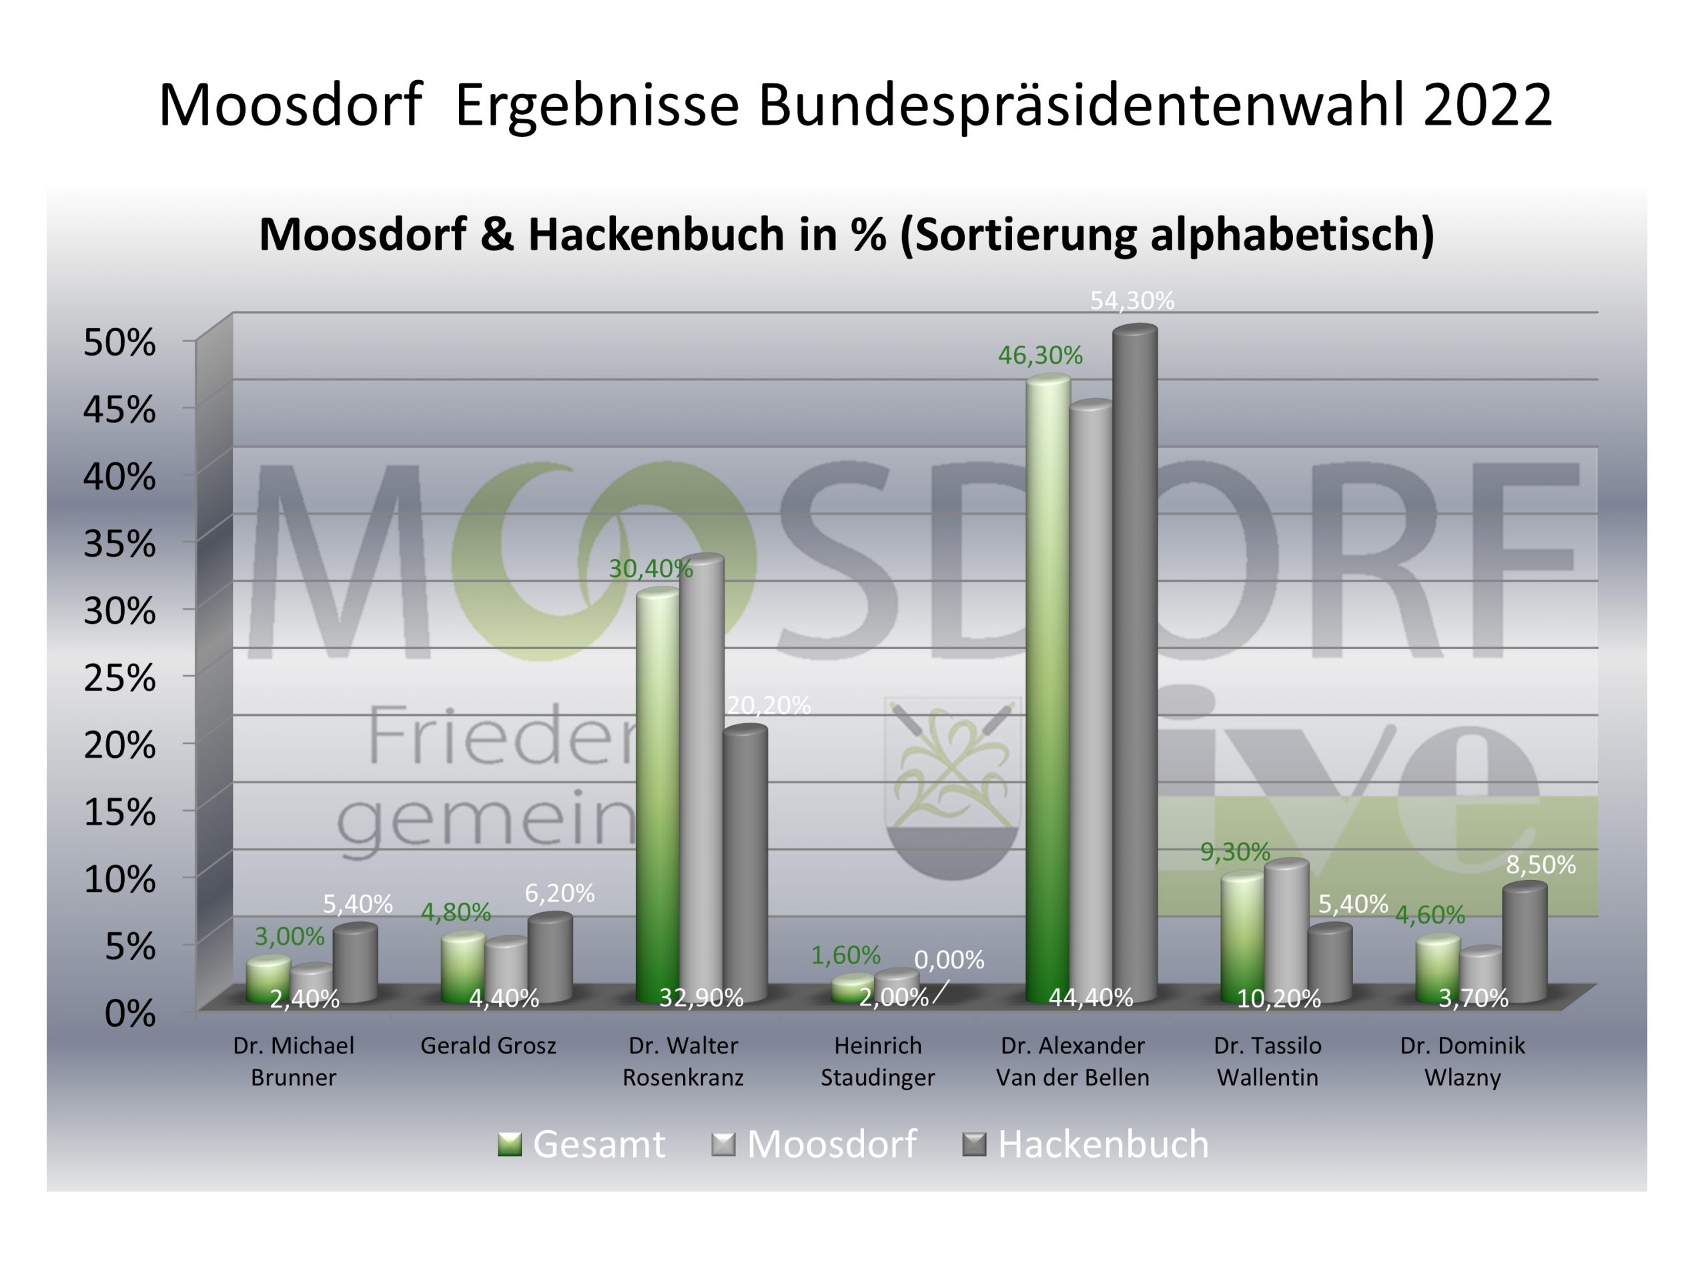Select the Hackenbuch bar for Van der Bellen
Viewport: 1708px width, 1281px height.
pyautogui.click(x=1134, y=664)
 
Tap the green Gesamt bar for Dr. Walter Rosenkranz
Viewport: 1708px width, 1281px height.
pyautogui.click(x=657, y=795)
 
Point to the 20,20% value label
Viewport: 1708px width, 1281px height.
pyautogui.click(x=769, y=705)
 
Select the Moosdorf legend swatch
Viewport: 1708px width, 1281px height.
pyautogui.click(x=723, y=1144)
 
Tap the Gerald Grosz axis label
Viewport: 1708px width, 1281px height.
pyautogui.click(x=488, y=1046)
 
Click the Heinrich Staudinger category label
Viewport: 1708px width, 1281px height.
pyautogui.click(x=877, y=1061)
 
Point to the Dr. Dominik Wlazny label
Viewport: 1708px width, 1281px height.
pyautogui.click(x=1462, y=1061)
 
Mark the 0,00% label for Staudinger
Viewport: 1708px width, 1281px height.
pyautogui.click(x=949, y=960)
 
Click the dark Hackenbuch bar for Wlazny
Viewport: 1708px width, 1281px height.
pyautogui.click(x=1525, y=943)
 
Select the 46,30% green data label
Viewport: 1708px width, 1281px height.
pyautogui.click(x=1040, y=355)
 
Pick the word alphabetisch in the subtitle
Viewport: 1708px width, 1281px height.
pyautogui.click(x=1292, y=234)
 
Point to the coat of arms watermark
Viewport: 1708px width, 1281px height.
pyautogui.click(x=953, y=787)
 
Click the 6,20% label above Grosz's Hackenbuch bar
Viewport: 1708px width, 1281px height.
pyautogui.click(x=560, y=893)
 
